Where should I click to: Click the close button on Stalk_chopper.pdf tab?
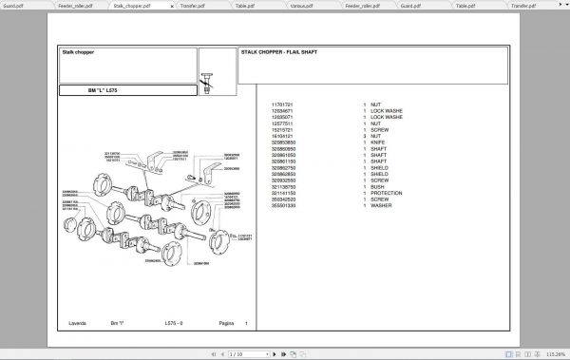pos(172,5)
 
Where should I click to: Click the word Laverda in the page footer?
pos(74,323)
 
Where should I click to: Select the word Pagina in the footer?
pos(226,323)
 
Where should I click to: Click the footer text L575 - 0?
pos(176,323)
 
